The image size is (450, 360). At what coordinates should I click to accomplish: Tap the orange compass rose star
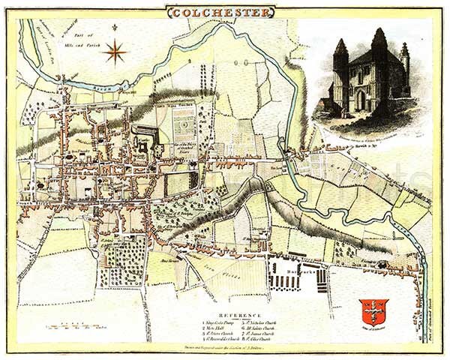tap(115, 52)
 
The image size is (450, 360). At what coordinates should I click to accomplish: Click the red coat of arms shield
tap(373, 310)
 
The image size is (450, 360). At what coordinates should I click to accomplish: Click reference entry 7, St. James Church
tap(261, 334)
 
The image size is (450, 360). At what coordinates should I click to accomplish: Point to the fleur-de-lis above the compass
tap(115, 28)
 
